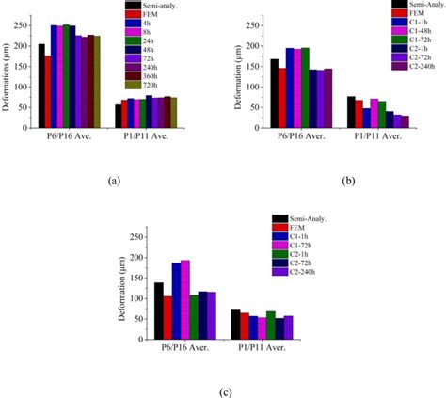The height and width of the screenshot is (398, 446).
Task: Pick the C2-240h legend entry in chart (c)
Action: [305, 273]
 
